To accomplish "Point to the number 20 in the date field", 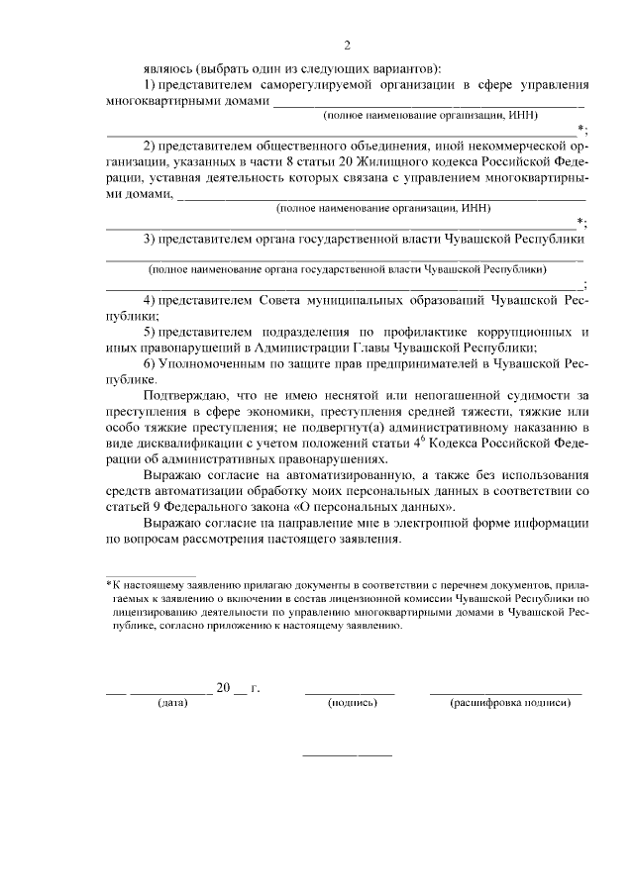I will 223,686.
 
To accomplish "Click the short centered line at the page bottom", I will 347,755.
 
